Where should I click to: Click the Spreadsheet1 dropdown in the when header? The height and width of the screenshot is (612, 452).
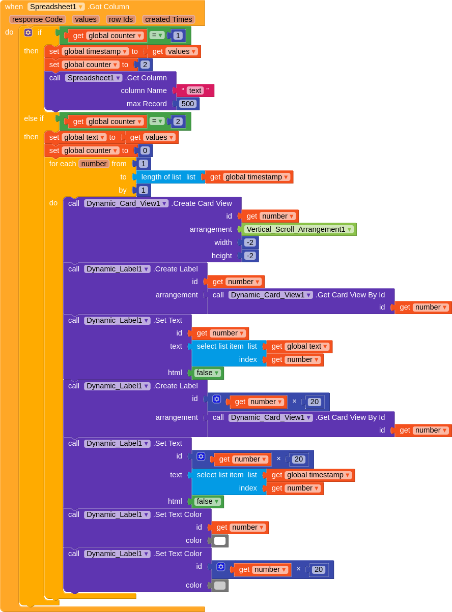click(x=56, y=7)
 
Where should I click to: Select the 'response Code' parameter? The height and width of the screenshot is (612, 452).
click(x=37, y=19)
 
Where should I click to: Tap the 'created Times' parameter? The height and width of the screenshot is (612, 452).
click(x=168, y=19)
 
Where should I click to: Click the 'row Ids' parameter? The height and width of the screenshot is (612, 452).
click(x=121, y=19)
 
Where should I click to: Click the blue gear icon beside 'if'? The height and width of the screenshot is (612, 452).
click(x=28, y=33)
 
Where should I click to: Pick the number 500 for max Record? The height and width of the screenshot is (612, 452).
click(x=188, y=104)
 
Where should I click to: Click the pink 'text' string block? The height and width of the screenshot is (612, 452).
click(x=195, y=90)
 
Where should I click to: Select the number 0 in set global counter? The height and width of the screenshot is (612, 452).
click(x=145, y=150)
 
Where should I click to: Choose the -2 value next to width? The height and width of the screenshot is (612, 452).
click(x=250, y=242)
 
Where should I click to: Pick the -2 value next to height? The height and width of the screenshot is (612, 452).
click(x=250, y=256)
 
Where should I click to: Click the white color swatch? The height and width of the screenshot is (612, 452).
click(x=220, y=541)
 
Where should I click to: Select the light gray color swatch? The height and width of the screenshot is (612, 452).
click(x=220, y=585)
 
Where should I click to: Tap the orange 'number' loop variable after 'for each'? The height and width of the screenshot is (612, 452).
click(x=94, y=164)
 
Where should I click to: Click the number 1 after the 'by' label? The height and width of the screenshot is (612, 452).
click(x=144, y=190)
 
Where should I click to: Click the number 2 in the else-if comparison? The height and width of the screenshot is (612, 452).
click(x=178, y=121)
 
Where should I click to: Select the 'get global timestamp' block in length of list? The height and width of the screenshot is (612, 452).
click(x=249, y=177)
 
